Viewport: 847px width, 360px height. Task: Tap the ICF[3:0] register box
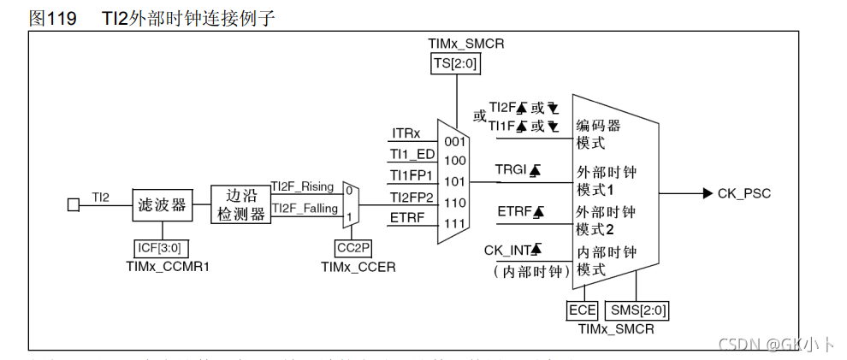[161, 248]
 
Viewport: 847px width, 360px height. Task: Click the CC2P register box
[352, 248]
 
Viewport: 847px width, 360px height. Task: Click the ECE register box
[582, 310]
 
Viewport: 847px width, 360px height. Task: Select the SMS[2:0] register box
[636, 310]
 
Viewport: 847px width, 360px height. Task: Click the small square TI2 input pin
[74, 205]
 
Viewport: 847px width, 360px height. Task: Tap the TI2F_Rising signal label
[302, 186]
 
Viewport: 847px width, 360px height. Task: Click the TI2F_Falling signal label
[304, 208]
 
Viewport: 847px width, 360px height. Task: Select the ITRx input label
[406, 134]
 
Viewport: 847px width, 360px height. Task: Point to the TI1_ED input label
[412, 154]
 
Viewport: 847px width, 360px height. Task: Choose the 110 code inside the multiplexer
[454, 203]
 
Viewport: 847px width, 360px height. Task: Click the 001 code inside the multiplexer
[454, 141]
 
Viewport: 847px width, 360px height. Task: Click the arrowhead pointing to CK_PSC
[707, 193]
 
